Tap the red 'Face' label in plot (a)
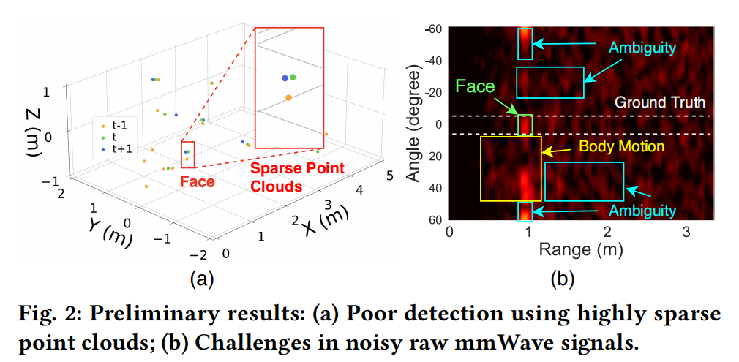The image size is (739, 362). pyautogui.click(x=198, y=181)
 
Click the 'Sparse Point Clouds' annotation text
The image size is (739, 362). pyautogui.click(x=297, y=177)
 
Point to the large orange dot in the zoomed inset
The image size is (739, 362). pyautogui.click(x=289, y=97)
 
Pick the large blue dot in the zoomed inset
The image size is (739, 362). pyautogui.click(x=284, y=78)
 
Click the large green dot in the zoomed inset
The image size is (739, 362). pyautogui.click(x=293, y=76)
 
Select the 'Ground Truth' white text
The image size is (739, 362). pyautogui.click(x=659, y=102)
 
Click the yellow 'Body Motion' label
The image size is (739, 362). pyautogui.click(x=622, y=146)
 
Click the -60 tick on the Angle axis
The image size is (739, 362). pyautogui.click(x=433, y=29)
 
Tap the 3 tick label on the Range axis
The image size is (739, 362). pyautogui.click(x=686, y=231)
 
